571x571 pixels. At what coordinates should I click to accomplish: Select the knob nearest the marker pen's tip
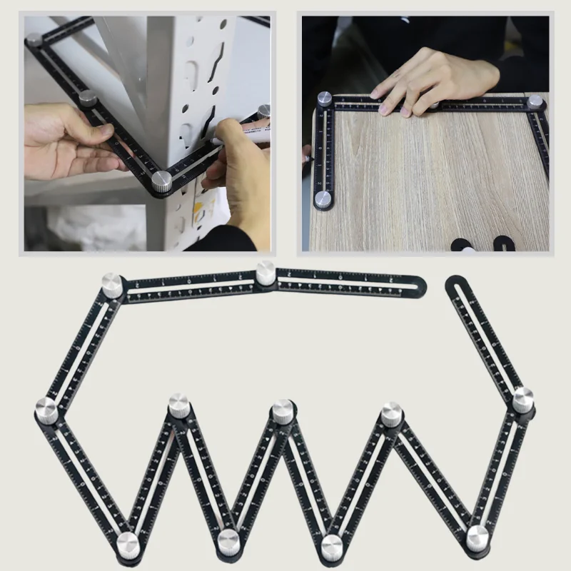tap(263, 112)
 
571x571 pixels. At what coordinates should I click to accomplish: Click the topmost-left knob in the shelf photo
tap(34, 41)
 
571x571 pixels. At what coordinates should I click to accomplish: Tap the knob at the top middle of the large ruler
tap(266, 273)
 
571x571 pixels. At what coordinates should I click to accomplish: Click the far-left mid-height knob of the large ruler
tap(46, 409)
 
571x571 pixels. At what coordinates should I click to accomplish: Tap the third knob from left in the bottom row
tap(330, 546)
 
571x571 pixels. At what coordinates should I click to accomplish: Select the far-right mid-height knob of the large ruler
tap(522, 399)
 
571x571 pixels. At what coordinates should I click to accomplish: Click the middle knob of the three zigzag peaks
tap(282, 412)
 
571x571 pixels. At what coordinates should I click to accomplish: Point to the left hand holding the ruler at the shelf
tap(68, 143)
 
